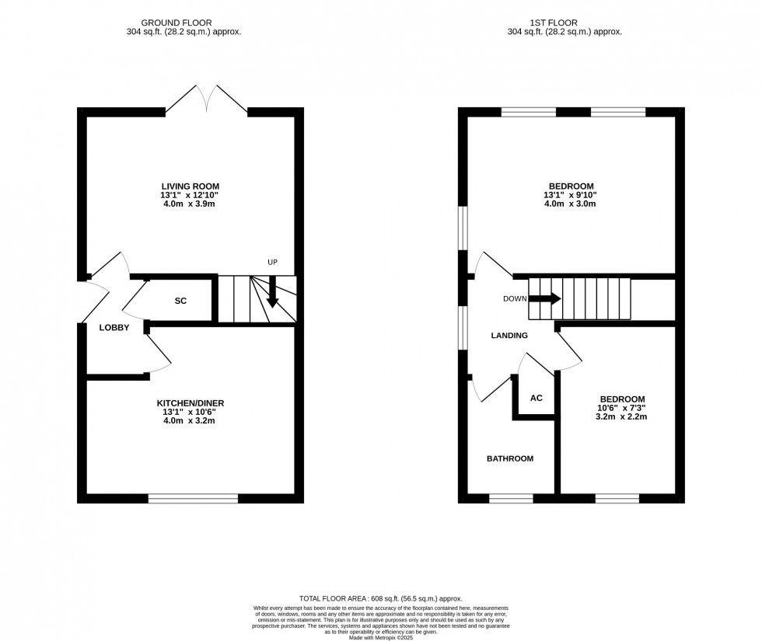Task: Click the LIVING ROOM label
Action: [x=190, y=186]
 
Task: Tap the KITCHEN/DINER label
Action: [x=190, y=402]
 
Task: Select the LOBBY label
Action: [x=114, y=328]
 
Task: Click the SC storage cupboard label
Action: [x=180, y=301]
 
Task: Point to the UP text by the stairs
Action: [x=272, y=263]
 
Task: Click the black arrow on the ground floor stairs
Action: [x=272, y=296]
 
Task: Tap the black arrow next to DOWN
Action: [x=545, y=298]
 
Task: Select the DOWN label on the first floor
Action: [x=514, y=298]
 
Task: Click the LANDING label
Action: [x=509, y=336]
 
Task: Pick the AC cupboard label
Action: [x=536, y=398]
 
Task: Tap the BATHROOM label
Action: [x=510, y=458]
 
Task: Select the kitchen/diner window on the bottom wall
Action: [x=193, y=498]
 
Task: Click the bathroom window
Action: [x=510, y=498]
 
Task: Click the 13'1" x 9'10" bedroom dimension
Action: [x=571, y=196]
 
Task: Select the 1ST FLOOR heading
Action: [x=565, y=23]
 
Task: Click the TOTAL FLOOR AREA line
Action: [x=380, y=598]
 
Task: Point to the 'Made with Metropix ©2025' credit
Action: [x=380, y=638]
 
